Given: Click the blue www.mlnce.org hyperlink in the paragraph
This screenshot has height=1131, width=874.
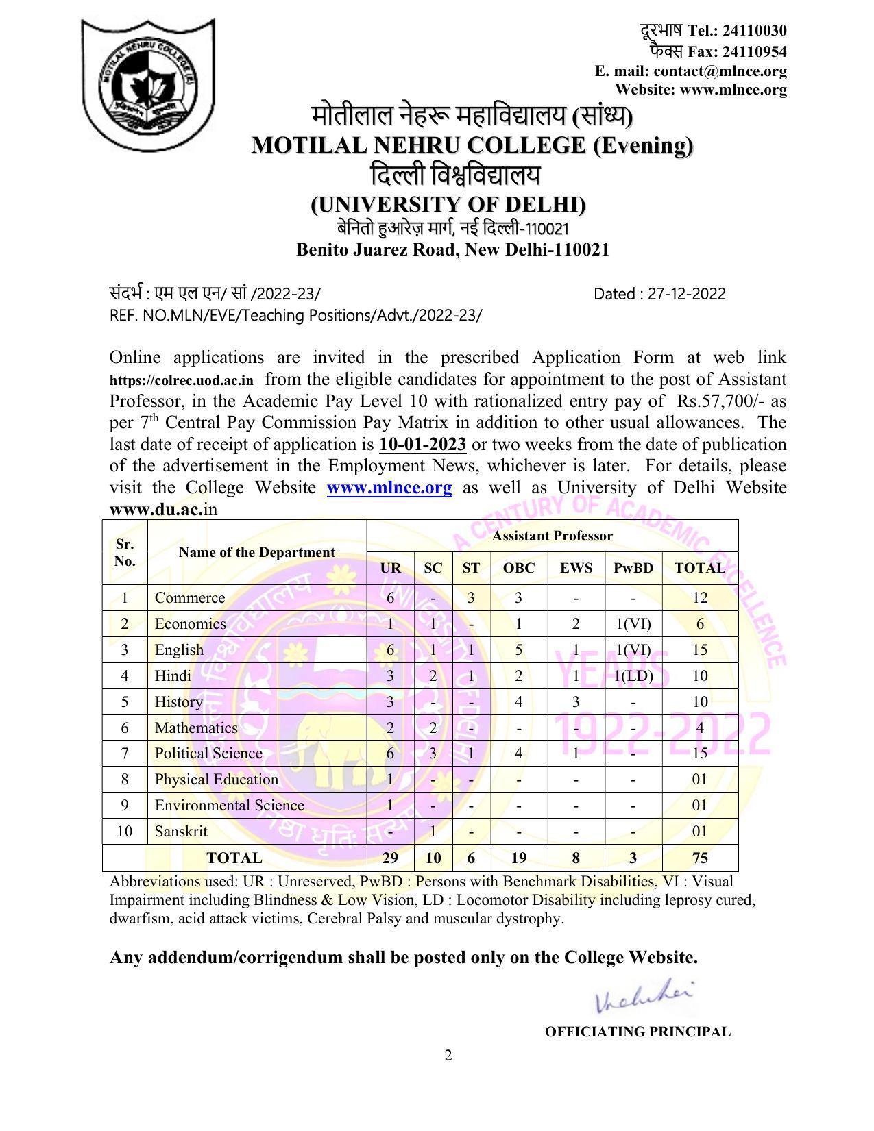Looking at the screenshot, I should click(389, 488).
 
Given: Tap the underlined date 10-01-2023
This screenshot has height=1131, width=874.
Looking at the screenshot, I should click(422, 445).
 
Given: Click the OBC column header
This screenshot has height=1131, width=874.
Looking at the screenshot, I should click(518, 568).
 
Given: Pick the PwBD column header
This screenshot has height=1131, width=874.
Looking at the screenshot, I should click(633, 568).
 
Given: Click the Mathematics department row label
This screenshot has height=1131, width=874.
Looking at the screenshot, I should click(196, 728).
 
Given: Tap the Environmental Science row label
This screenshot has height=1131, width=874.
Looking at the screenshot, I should click(229, 805).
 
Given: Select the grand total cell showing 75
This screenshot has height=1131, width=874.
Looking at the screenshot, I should click(699, 858).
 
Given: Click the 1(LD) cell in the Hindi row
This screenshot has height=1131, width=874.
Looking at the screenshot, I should click(633, 676).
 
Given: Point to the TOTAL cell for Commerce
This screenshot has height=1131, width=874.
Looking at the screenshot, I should click(699, 597).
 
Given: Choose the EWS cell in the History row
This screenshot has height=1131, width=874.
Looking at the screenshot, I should click(576, 701).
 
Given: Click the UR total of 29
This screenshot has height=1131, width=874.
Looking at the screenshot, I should click(390, 858).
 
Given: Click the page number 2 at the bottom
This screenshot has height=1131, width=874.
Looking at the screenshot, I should click(448, 1056).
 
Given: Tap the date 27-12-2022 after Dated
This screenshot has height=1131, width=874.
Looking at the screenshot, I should click(686, 294).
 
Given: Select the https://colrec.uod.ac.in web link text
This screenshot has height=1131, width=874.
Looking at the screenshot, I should click(181, 380).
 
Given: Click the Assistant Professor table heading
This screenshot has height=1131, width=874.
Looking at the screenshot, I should click(552, 536).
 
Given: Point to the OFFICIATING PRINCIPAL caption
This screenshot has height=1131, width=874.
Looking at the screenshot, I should click(638, 1032).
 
